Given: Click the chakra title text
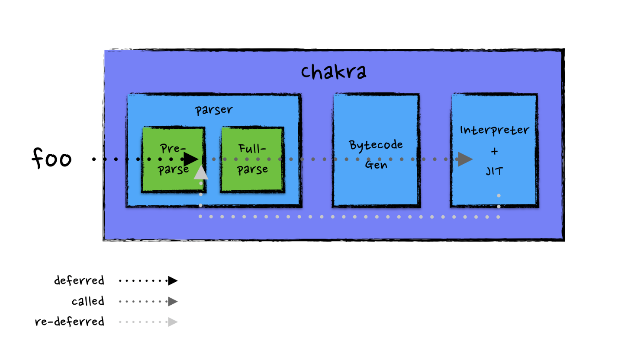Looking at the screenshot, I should pos(334,72).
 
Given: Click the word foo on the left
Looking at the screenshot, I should pos(51,159).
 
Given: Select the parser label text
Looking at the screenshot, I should pos(213,110).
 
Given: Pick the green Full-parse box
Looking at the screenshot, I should pos(252,182).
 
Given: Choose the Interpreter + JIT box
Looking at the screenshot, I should pos(494,190).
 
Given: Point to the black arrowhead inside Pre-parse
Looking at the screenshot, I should pos(190,159).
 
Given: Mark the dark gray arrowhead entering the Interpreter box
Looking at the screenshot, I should pos(465,159).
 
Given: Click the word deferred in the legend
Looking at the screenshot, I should pos(79,280).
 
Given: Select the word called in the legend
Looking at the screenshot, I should pos(88,301).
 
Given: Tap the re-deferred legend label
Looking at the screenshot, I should pos(70,322).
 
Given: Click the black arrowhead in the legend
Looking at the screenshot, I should pos(173,281).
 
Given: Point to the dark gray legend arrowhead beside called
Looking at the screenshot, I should pos(173,301).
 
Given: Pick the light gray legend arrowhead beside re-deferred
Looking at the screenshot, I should pos(173,322).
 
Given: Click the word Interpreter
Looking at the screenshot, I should pos(494,130).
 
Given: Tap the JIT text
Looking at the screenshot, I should pos(494,171).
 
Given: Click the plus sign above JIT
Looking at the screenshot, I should pos(495,151).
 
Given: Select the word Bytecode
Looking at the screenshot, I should pos(376,145).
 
